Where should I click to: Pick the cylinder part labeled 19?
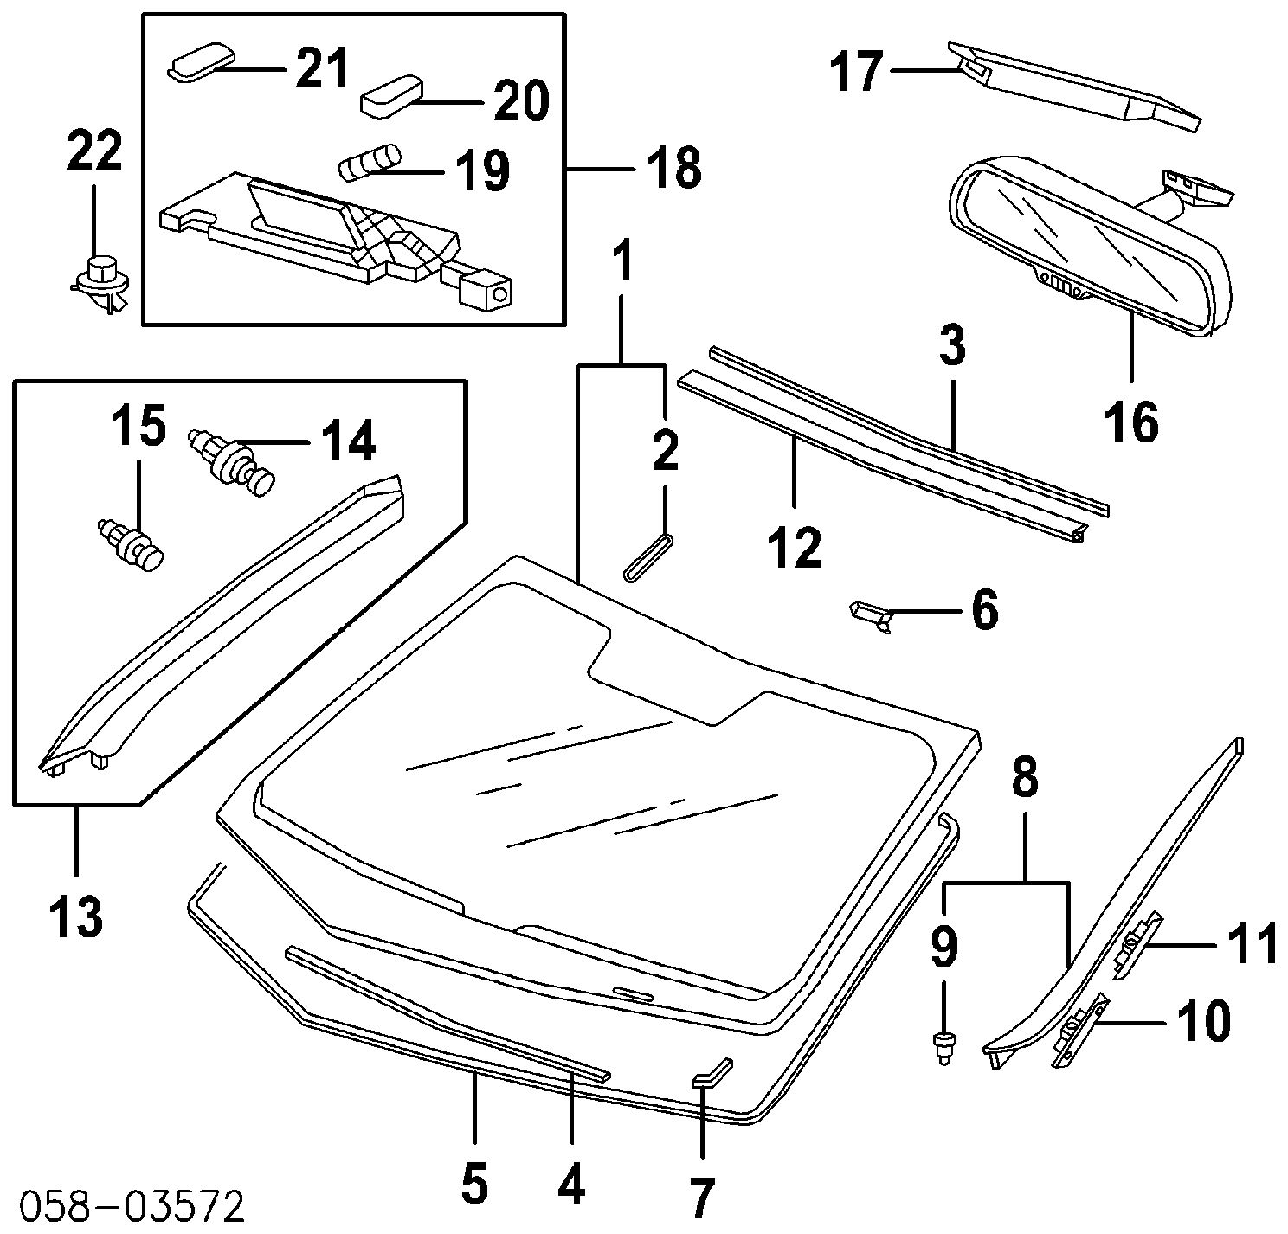pyautogui.click(x=369, y=164)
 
